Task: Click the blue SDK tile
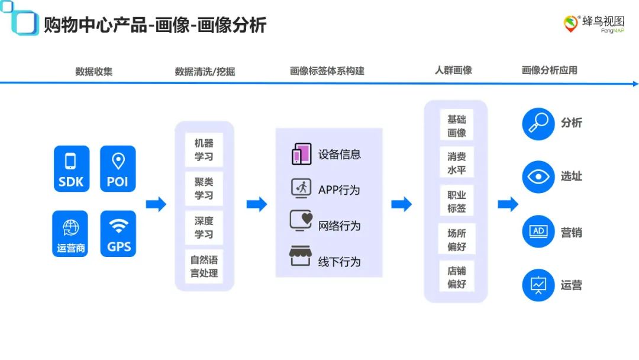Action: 70,169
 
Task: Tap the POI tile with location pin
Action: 118,169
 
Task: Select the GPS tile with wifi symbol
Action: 118,234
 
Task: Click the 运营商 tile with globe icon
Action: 70,234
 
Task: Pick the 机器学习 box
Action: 204,150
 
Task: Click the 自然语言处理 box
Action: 204,266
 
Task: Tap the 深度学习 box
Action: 204,227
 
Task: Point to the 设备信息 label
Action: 340,155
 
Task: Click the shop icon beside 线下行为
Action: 301,257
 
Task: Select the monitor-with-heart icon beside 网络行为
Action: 301,221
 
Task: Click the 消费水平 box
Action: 456,163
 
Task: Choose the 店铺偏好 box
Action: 456,277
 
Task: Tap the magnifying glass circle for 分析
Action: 538,123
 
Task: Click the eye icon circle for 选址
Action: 538,176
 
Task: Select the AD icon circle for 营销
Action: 538,232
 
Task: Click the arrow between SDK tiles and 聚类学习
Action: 156,204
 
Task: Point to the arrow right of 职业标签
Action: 508,204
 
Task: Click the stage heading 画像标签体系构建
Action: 327,71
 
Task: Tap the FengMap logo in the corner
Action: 593,24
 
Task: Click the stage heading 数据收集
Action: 93,72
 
